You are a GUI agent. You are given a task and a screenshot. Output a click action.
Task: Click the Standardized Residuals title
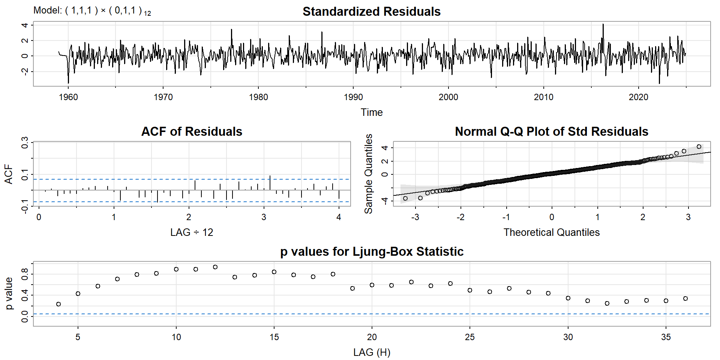pyautogui.click(x=371, y=12)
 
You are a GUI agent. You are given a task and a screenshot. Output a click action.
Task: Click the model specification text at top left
pyautogui.click(x=92, y=10)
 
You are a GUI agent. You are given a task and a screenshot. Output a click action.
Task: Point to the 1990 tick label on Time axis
pyautogui.click(x=353, y=97)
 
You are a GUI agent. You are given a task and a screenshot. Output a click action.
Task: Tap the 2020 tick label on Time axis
pyautogui.click(x=638, y=97)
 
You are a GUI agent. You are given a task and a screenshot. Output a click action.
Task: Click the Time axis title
pyautogui.click(x=371, y=112)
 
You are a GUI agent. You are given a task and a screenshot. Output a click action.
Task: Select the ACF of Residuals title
pyautogui.click(x=192, y=132)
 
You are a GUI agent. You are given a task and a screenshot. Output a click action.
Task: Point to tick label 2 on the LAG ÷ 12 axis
pyautogui.click(x=189, y=217)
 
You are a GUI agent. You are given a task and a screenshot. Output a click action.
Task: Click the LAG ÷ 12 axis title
pyautogui.click(x=192, y=232)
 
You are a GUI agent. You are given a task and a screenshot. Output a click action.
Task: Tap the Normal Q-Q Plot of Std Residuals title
pyautogui.click(x=551, y=132)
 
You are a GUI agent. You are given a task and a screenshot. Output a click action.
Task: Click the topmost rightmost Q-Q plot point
pyautogui.click(x=699, y=147)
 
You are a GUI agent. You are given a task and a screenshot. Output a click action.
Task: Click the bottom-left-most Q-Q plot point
pyautogui.click(x=405, y=198)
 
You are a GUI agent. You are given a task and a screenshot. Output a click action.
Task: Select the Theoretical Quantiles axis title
pyautogui.click(x=551, y=232)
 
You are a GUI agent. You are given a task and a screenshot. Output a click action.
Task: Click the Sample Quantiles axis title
pyautogui.click(x=369, y=174)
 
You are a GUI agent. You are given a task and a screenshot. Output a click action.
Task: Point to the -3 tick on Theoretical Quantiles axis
pyautogui.click(x=415, y=217)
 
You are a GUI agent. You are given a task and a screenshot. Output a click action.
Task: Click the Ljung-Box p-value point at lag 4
pyautogui.click(x=58, y=304)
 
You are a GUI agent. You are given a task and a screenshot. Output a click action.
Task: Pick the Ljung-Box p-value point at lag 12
pyautogui.click(x=215, y=267)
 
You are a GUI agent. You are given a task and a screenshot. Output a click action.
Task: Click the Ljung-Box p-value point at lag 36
pyautogui.click(x=685, y=298)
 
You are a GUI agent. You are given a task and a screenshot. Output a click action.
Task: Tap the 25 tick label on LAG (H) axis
pyautogui.click(x=470, y=337)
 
